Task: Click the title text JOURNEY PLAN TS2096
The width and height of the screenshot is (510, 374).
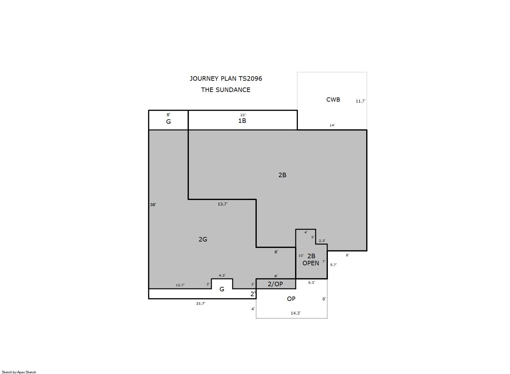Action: [x=226, y=78]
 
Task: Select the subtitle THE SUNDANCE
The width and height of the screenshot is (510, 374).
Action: [x=226, y=90]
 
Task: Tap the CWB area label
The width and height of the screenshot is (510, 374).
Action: [x=333, y=100]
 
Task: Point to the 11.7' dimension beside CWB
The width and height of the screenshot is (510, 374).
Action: [x=360, y=101]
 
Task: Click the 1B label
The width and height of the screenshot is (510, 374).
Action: [x=242, y=121]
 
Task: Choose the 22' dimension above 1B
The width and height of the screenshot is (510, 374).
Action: [x=243, y=115]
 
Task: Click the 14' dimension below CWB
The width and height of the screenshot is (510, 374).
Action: [x=332, y=125]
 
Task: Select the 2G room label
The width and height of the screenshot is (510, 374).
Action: [x=203, y=239]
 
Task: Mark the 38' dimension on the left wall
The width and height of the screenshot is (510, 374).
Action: [x=153, y=205]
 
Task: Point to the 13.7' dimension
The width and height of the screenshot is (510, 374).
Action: [x=222, y=204]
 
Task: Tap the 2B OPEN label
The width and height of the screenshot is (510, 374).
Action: [x=311, y=260]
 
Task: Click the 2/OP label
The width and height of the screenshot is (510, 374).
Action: [x=275, y=284]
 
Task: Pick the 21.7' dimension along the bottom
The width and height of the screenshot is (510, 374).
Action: [x=200, y=303]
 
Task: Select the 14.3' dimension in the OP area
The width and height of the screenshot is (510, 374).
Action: [x=295, y=313]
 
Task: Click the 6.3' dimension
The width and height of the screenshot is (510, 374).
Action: [x=311, y=282]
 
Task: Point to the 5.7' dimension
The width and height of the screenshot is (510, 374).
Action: [x=333, y=265]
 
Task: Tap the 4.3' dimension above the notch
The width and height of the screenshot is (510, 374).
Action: [x=222, y=275]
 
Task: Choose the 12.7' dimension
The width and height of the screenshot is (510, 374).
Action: [x=180, y=285]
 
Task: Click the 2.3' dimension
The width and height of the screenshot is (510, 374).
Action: [x=322, y=241]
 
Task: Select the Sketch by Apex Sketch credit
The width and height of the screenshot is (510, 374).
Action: [x=19, y=372]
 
